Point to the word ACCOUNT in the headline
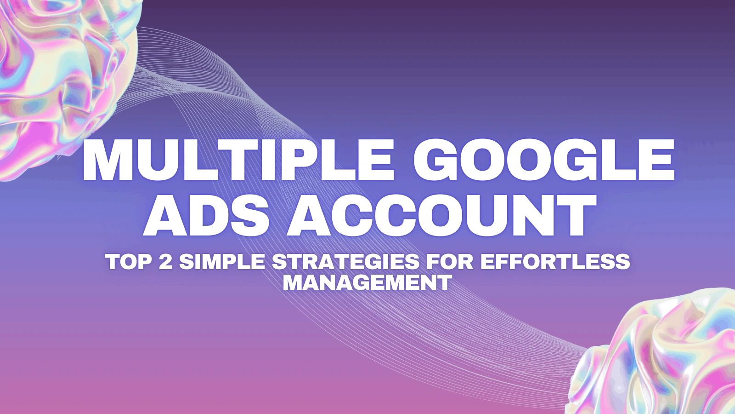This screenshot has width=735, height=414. click(x=441, y=215)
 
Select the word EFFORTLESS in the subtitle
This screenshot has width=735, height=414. click(x=555, y=262)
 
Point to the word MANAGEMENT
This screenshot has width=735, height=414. click(x=367, y=282)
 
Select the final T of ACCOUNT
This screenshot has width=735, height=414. click(x=575, y=215)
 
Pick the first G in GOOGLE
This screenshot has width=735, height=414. click(x=435, y=161)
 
